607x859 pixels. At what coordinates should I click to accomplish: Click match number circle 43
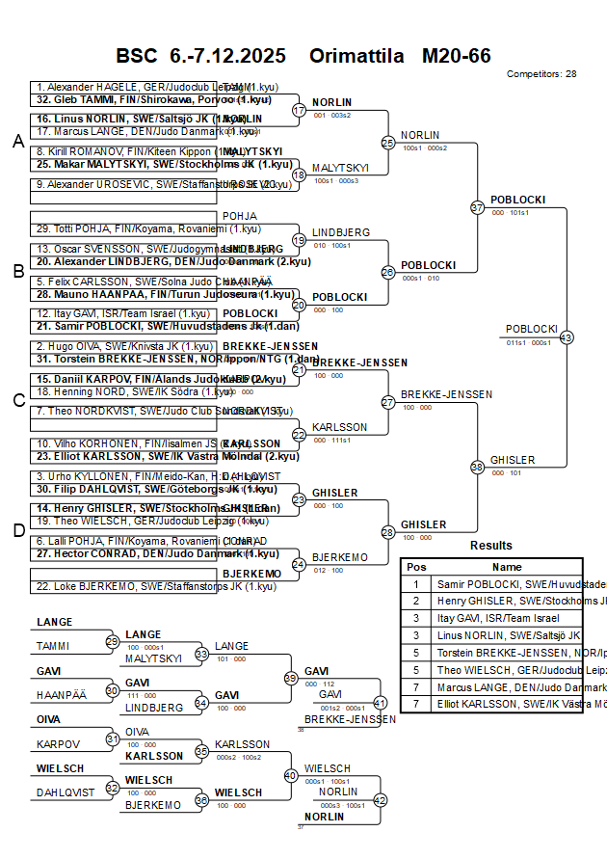point(567,337)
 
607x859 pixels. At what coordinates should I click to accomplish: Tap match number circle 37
point(477,207)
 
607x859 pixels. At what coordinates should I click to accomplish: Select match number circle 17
point(299,110)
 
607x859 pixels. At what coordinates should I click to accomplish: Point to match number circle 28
point(388,532)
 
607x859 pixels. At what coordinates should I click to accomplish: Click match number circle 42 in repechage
point(380,800)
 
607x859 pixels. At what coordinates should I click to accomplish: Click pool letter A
point(17,142)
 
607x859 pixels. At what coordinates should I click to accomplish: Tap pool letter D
point(17,529)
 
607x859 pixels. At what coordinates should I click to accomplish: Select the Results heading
point(491,546)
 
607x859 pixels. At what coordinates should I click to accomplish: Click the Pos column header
point(416,567)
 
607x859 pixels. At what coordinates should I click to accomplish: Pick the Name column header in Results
point(507,567)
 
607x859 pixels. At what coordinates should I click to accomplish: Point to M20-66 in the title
point(456,56)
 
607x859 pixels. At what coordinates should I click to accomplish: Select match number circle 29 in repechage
point(112,641)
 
